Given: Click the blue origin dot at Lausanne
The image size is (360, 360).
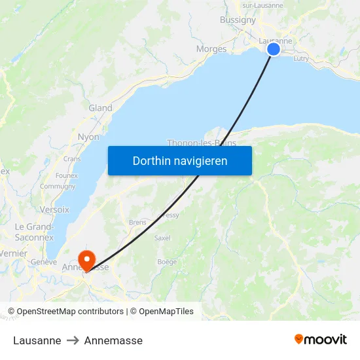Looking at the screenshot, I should point(274,49).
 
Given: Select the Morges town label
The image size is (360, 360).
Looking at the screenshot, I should point(211,49).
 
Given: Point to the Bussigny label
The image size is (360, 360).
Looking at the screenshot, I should point(238,20).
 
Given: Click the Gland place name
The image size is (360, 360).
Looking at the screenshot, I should point(100,108).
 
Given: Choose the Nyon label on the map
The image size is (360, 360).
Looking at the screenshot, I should point(88,137).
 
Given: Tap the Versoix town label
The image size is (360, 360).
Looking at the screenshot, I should point(54,209).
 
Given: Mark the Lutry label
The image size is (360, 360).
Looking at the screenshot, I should point(301,59).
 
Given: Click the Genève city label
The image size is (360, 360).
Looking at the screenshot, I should point(45,262).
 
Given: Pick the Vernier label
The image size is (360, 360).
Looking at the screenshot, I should point(14,253).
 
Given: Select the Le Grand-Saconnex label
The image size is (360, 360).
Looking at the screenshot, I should point(34,232).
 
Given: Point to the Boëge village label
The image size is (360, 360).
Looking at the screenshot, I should point(167,262).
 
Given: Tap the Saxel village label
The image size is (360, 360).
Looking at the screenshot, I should point(162,238).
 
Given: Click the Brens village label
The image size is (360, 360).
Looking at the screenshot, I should point(137,223).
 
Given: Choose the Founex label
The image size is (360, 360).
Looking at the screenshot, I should point(67,175).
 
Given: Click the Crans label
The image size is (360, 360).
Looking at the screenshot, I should point(72,158).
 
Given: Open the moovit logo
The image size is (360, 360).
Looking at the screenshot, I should point(321,340).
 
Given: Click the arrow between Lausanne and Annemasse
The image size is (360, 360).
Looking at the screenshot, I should point(73,340).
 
